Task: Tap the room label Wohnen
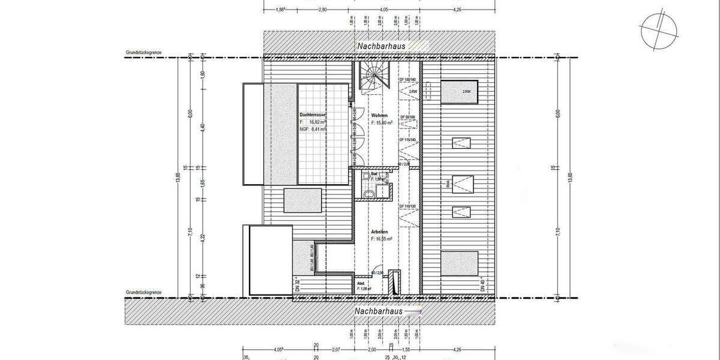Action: pos(379,115)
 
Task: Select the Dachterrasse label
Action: pos(313,114)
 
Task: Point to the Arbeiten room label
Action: pos(379,232)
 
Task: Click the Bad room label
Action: pos(373,173)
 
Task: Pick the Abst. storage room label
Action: pos(361,283)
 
